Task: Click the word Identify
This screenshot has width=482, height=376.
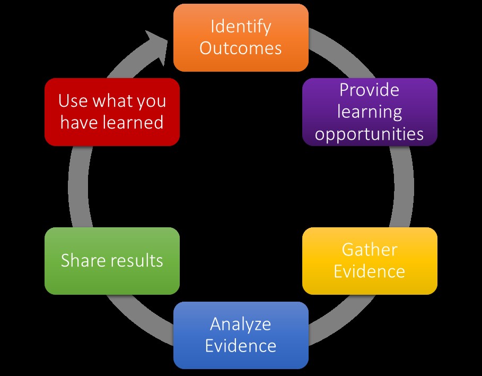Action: tap(241, 27)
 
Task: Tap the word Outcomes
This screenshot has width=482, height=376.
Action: tap(241, 48)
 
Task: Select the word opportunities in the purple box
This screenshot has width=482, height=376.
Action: tap(370, 134)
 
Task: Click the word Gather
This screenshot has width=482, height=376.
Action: tap(370, 250)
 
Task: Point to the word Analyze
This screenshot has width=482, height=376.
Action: tap(241, 324)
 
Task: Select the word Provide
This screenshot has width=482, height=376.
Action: tap(370, 90)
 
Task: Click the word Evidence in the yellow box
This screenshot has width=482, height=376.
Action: tap(370, 271)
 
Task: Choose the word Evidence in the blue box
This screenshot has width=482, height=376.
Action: tap(241, 346)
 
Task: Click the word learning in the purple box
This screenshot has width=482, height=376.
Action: tap(370, 112)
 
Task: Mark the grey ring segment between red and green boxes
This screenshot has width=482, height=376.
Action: tap(78, 186)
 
